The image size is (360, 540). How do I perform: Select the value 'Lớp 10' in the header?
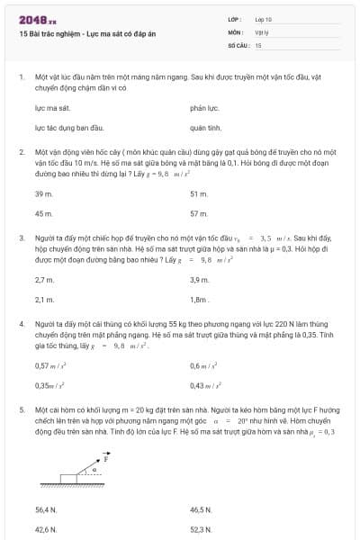pos(264,19)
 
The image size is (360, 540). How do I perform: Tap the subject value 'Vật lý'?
pos(262,31)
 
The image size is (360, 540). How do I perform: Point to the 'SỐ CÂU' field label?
pos(238,44)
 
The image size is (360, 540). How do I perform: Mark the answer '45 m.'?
pos(43,213)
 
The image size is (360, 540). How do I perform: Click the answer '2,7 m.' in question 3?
pos(44,280)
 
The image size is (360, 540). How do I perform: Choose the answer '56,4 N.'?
pos(46,509)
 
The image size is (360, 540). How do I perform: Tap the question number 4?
pos(21,321)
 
